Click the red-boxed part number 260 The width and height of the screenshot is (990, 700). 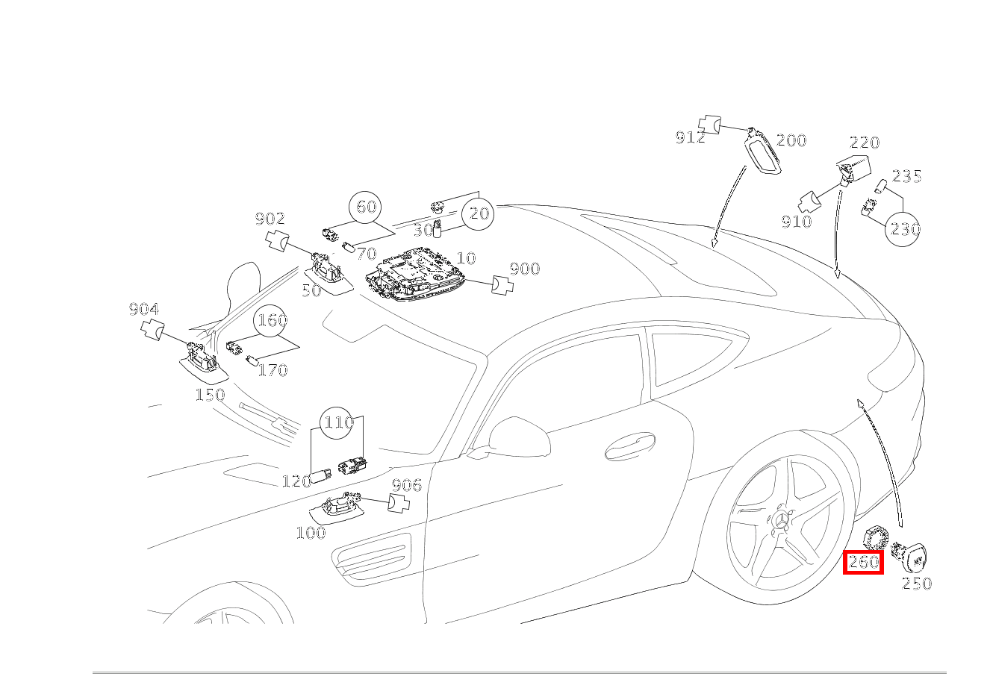[x=863, y=562]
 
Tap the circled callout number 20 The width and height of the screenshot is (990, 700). [x=478, y=213]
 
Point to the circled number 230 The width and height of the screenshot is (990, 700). [x=903, y=230]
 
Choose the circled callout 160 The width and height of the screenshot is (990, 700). [x=270, y=320]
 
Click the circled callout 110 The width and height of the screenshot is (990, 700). [x=337, y=422]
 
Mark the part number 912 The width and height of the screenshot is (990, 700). [x=691, y=138]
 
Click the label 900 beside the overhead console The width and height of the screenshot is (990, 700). [x=525, y=269]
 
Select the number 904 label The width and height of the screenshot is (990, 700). [x=143, y=309]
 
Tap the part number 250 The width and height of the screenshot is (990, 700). [x=917, y=584]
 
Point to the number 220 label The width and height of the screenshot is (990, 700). [x=865, y=143]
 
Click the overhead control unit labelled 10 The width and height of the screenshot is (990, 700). [x=415, y=275]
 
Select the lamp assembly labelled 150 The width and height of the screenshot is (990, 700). [x=204, y=363]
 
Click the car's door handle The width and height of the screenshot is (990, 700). [x=630, y=446]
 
